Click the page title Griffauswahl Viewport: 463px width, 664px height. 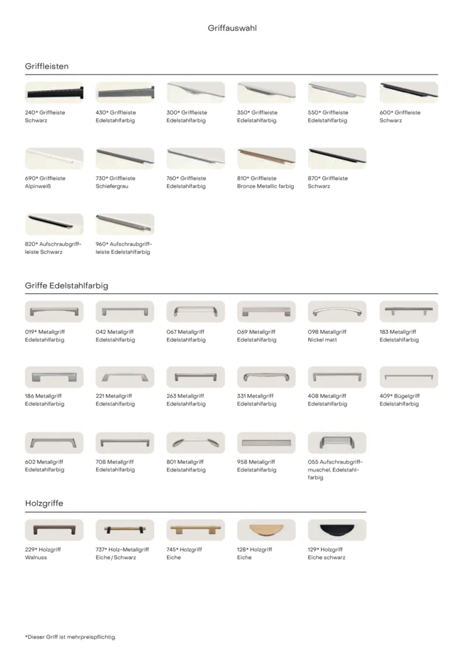point(231,27)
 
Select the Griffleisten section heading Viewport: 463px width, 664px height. point(47,66)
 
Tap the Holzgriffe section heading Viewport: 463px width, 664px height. point(44,504)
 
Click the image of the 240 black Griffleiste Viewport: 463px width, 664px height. point(54,93)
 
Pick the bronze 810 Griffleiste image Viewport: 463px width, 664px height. point(266,158)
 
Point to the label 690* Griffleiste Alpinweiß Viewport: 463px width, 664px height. point(45,182)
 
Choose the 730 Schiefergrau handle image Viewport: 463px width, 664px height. point(125,158)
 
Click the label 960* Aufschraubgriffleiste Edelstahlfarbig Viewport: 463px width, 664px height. point(123,248)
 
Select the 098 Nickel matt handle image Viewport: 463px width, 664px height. point(337,312)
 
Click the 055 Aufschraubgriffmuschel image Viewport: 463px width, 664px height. point(337,443)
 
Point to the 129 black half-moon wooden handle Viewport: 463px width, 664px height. point(337,530)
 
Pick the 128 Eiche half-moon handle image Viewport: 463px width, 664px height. point(266,530)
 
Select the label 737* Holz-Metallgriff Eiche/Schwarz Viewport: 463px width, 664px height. point(122,553)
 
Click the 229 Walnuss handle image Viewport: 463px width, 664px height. point(54,530)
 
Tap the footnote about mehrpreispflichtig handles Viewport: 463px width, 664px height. point(71,637)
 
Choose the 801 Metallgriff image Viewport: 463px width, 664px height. point(196,443)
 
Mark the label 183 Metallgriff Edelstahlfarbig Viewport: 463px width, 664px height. point(399,335)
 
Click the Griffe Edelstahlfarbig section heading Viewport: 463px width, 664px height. point(67,286)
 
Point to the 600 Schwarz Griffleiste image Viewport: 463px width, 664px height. point(409,93)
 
